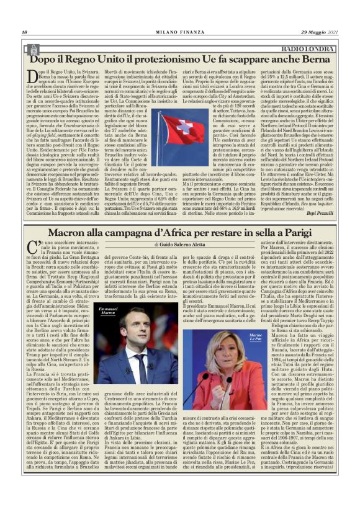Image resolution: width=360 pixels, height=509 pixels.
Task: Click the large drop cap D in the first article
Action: point(33,77)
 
